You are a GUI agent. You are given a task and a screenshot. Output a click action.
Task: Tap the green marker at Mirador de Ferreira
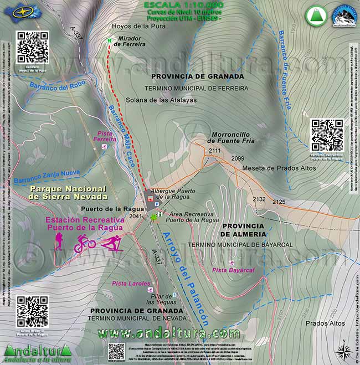(x=110, y=40)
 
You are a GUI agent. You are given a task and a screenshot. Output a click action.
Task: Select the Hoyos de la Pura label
(x=132, y=26)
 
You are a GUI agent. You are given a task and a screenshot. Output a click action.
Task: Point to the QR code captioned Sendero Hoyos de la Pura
(x=33, y=48)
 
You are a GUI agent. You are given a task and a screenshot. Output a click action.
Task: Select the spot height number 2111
(x=215, y=151)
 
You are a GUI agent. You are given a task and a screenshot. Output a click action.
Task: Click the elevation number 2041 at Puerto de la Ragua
(x=136, y=217)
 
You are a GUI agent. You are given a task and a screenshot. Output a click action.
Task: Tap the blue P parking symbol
(x=156, y=204)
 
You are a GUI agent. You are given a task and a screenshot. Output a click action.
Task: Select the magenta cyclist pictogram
(x=85, y=243)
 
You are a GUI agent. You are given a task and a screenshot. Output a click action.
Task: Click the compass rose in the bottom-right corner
(x=343, y=351)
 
